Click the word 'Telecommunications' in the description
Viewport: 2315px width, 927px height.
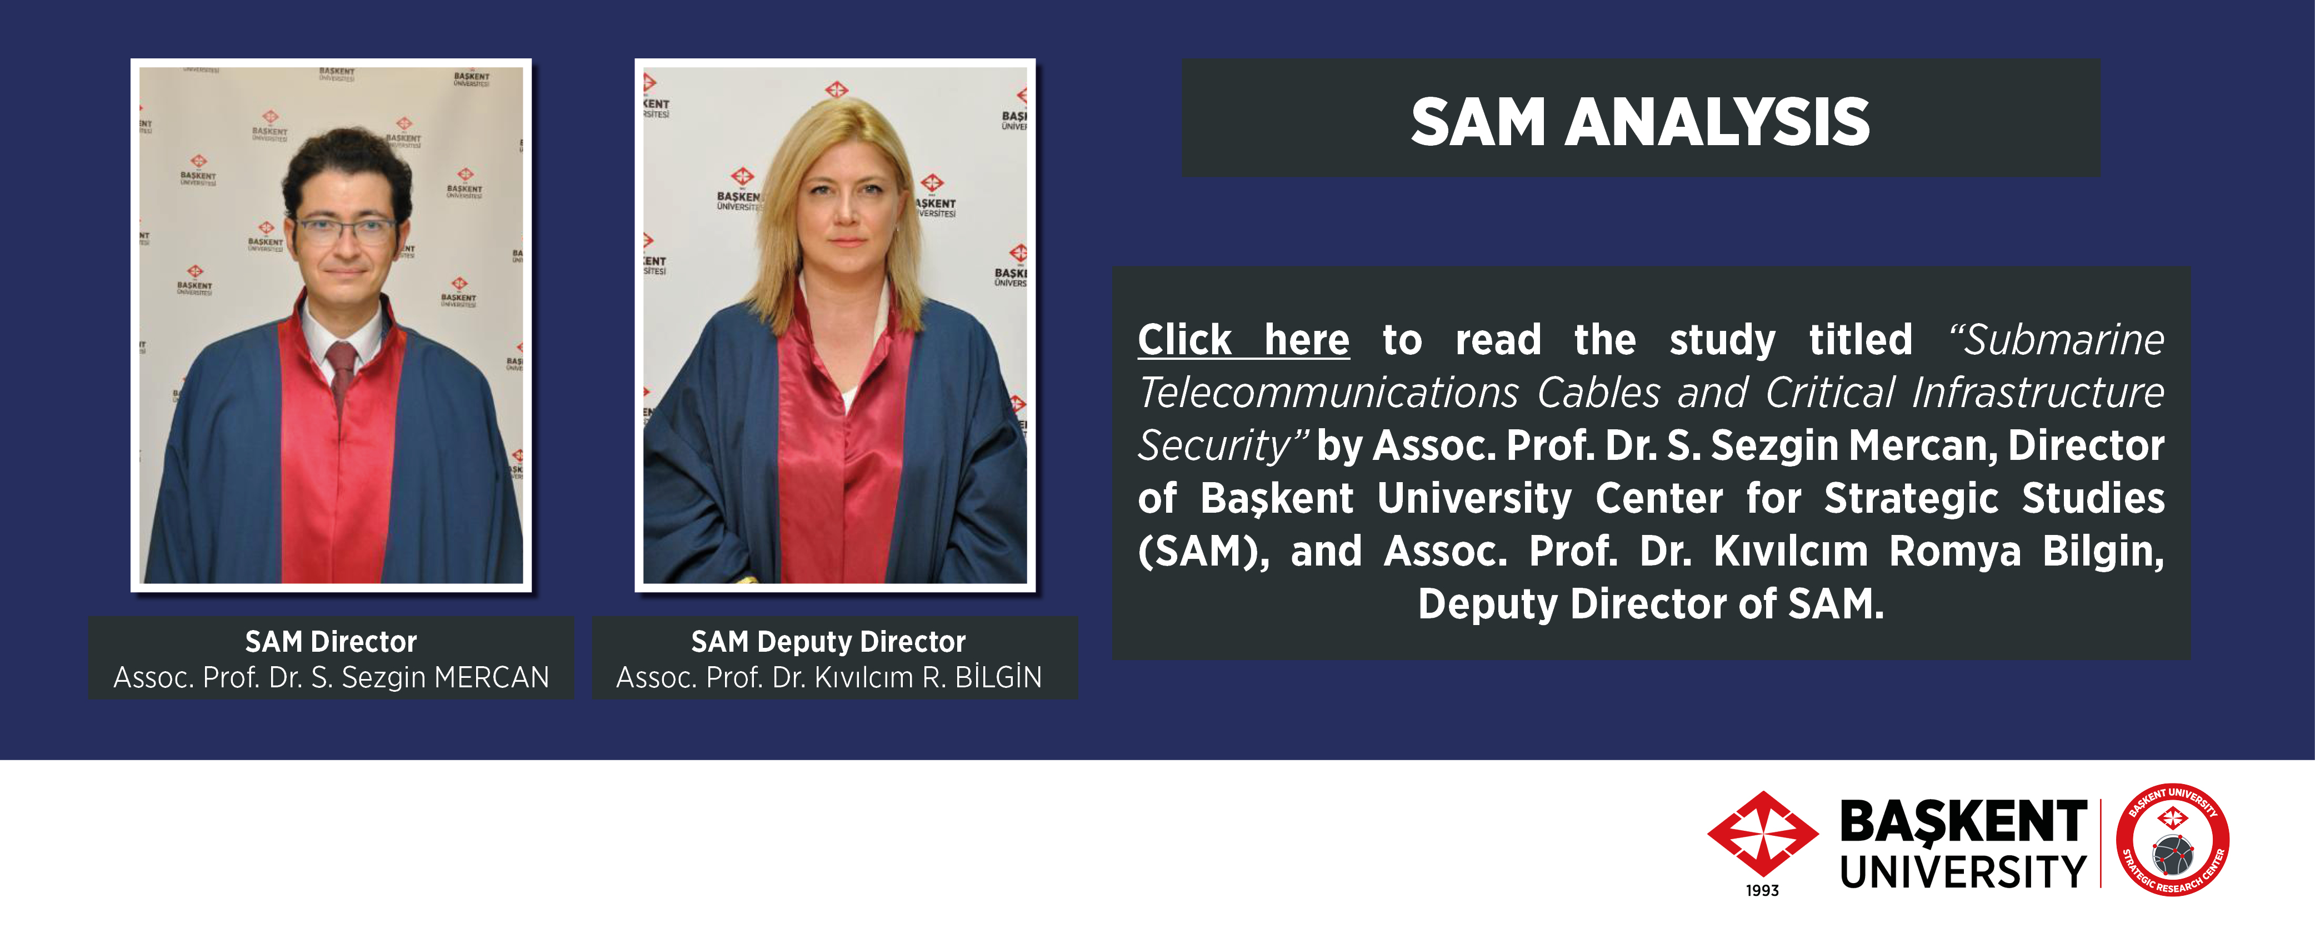(1328, 393)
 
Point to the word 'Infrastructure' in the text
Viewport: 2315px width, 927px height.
(2038, 393)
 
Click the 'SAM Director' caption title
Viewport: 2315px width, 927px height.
(331, 641)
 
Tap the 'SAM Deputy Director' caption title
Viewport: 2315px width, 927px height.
(828, 641)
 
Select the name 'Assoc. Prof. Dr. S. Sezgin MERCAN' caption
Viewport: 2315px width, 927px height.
(331, 677)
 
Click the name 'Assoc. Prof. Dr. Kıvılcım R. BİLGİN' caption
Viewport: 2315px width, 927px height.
(828, 677)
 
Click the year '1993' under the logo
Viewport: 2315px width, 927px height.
(1762, 890)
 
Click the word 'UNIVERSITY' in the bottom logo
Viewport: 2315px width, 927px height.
(1964, 871)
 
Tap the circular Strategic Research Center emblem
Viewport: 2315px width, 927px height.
(2172, 839)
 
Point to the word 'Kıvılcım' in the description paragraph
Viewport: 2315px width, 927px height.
(1790, 551)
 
